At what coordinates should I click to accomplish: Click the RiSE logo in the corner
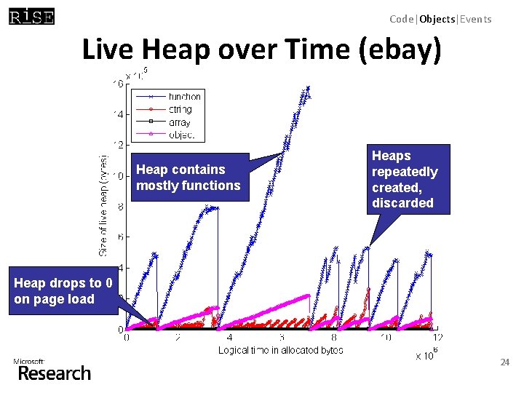(x=31, y=17)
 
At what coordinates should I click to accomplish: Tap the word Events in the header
(x=475, y=20)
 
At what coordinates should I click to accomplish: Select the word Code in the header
(x=401, y=20)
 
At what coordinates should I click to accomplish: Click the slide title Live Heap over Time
(x=261, y=50)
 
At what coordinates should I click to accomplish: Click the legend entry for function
(x=184, y=97)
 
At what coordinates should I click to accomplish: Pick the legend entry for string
(x=180, y=110)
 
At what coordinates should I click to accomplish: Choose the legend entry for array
(x=179, y=122)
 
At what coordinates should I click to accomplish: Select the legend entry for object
(x=180, y=135)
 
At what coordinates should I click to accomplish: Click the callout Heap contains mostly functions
(x=188, y=178)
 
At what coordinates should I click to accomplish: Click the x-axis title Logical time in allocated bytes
(x=281, y=351)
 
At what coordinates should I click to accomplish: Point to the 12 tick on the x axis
(x=437, y=338)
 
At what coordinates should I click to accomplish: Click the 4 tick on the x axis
(x=230, y=338)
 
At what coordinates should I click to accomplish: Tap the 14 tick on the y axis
(x=117, y=114)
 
